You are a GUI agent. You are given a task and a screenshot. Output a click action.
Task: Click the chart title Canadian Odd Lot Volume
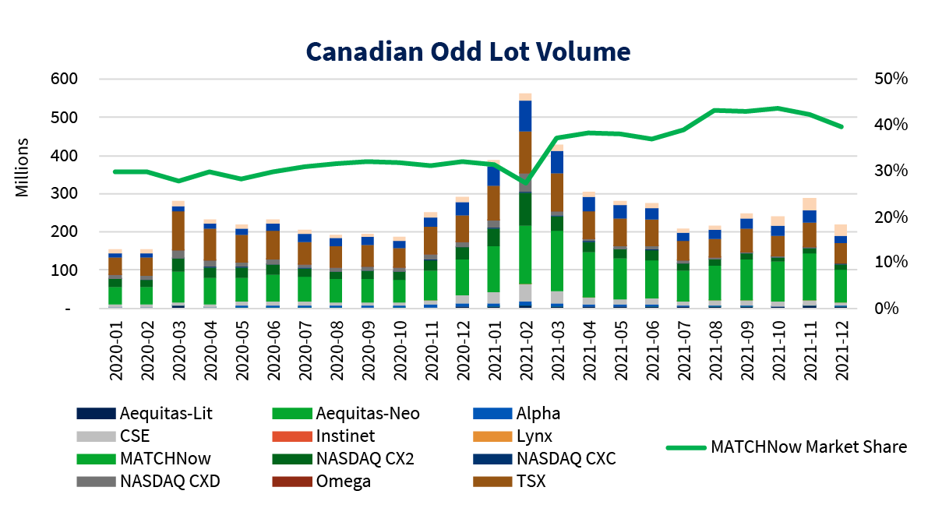(467, 51)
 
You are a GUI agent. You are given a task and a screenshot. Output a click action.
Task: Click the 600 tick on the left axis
(64, 79)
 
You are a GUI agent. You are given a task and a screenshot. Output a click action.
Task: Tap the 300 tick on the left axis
(64, 194)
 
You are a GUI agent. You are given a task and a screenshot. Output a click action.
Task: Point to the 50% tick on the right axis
(891, 79)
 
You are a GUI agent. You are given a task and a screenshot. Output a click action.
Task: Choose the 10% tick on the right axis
(891, 263)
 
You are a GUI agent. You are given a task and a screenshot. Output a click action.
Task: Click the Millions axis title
(23, 168)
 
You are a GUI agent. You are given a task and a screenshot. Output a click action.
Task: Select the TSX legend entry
(530, 481)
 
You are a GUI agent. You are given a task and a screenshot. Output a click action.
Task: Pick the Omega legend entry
(343, 481)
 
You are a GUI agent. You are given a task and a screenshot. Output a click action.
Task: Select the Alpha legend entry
(538, 413)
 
